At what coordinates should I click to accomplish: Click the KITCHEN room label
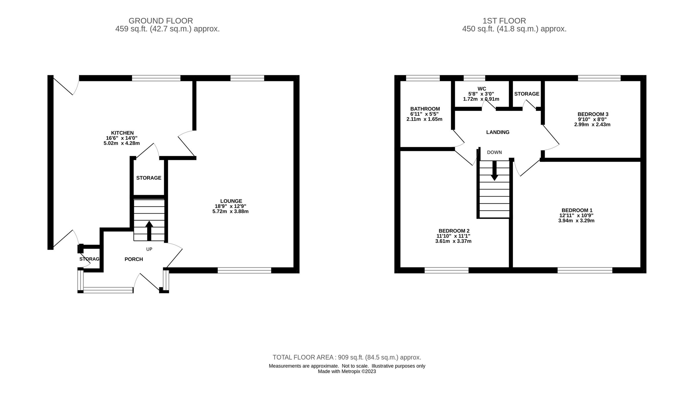122,133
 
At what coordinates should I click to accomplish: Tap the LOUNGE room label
231,201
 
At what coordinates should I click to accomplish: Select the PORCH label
134,259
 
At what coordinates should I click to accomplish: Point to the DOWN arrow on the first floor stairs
494,171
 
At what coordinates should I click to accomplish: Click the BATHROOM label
425,109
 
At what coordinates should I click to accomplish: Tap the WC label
482,89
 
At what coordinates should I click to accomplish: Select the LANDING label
498,132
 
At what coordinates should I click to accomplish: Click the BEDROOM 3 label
593,114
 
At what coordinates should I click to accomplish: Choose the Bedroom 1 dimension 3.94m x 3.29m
576,221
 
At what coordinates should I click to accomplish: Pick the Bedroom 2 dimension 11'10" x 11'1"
454,236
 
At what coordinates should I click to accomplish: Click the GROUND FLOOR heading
161,21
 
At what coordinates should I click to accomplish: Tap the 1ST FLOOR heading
504,21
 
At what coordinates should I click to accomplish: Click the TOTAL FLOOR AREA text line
347,357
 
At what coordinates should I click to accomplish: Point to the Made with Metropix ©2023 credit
347,371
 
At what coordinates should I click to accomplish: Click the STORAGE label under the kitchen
149,178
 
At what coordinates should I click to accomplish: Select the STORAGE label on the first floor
527,94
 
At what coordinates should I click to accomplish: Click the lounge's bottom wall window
244,270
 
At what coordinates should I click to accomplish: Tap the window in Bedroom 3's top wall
599,78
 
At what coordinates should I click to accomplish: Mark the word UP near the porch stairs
149,249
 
